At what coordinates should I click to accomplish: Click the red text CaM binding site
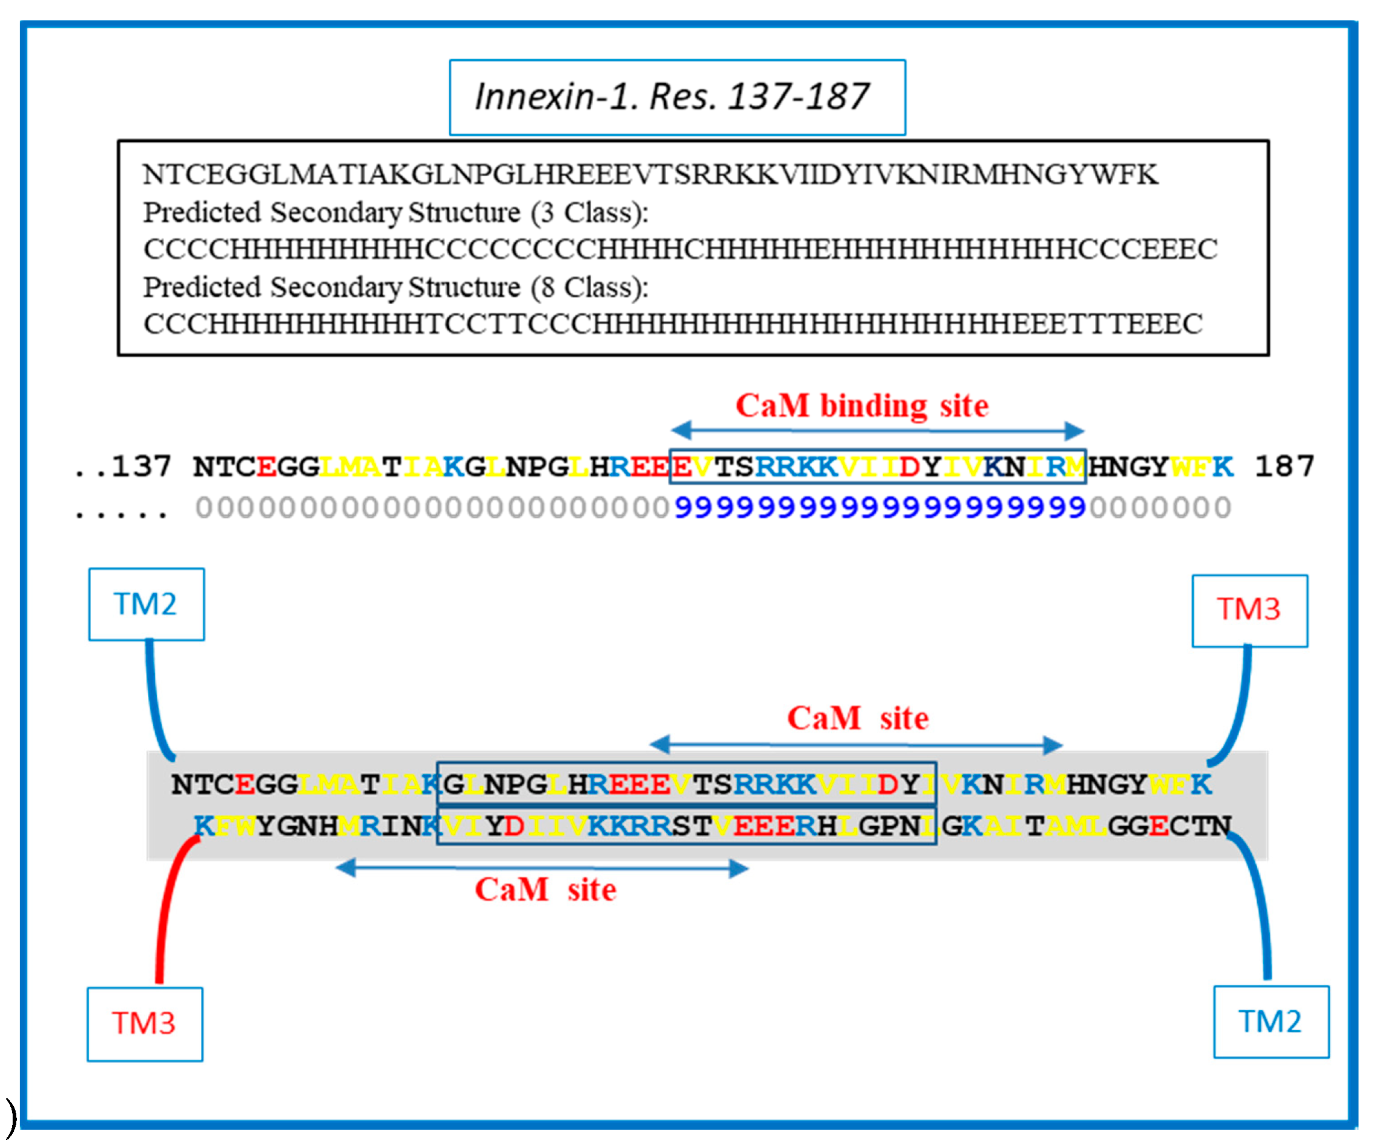(x=861, y=406)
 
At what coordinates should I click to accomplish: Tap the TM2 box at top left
(x=147, y=603)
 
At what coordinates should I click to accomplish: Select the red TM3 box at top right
(x=1249, y=610)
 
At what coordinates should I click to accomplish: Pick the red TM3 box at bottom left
(x=145, y=1023)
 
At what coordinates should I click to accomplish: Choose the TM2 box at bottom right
(x=1270, y=1022)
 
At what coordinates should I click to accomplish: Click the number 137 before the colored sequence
(x=141, y=467)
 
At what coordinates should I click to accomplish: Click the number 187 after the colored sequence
(x=1284, y=467)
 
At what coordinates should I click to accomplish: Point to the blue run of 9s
(x=880, y=508)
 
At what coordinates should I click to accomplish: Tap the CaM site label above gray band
(x=857, y=718)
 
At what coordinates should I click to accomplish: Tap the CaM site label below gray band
(x=545, y=890)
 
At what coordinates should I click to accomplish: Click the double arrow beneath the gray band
(x=541, y=868)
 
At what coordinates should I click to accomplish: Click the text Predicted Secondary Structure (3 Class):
(x=396, y=212)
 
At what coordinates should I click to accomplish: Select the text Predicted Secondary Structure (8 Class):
(x=396, y=287)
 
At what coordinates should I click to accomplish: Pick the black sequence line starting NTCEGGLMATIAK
(x=650, y=174)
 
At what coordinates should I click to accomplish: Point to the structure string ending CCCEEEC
(x=680, y=249)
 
